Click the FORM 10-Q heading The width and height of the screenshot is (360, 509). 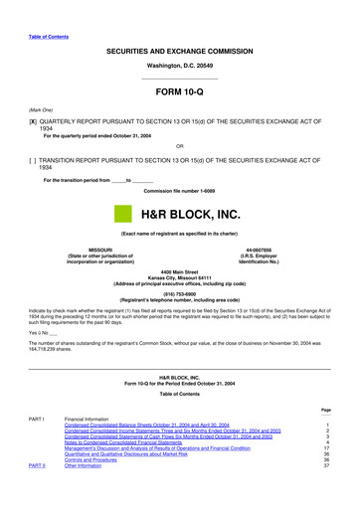pyautogui.click(x=179, y=95)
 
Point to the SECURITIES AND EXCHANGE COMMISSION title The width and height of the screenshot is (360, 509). pyautogui.click(x=179, y=50)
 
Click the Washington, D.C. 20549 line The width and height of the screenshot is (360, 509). pyautogui.click(x=179, y=67)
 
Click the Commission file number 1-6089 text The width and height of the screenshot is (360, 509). pyautogui.click(x=179, y=191)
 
